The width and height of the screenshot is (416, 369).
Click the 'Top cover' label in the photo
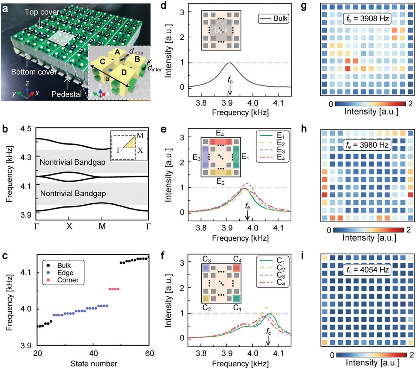pyautogui.click(x=41, y=12)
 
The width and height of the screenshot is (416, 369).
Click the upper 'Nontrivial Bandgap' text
pyautogui.click(x=73, y=162)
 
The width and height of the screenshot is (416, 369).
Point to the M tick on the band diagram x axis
pyautogui.click(x=102, y=226)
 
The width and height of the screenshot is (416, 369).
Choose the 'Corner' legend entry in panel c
pyautogui.click(x=68, y=280)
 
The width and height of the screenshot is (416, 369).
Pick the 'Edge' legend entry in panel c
pyautogui.click(x=65, y=273)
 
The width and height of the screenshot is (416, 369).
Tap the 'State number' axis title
pyautogui.click(x=94, y=364)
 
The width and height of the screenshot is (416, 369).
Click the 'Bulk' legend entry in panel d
pyautogui.click(x=281, y=18)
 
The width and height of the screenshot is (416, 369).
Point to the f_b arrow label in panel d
pyautogui.click(x=230, y=81)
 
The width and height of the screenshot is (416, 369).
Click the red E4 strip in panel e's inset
pyautogui.click(x=222, y=142)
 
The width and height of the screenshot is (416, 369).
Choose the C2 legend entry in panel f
pyautogui.click(x=281, y=268)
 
